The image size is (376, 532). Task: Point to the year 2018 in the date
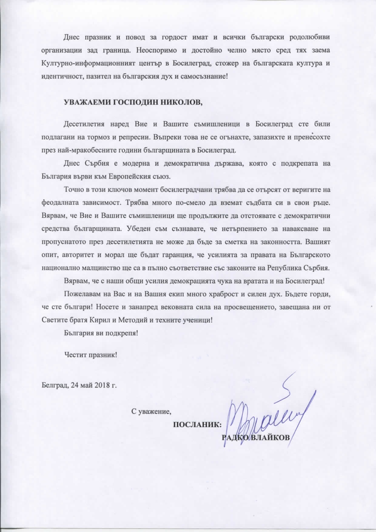point(96,385)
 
